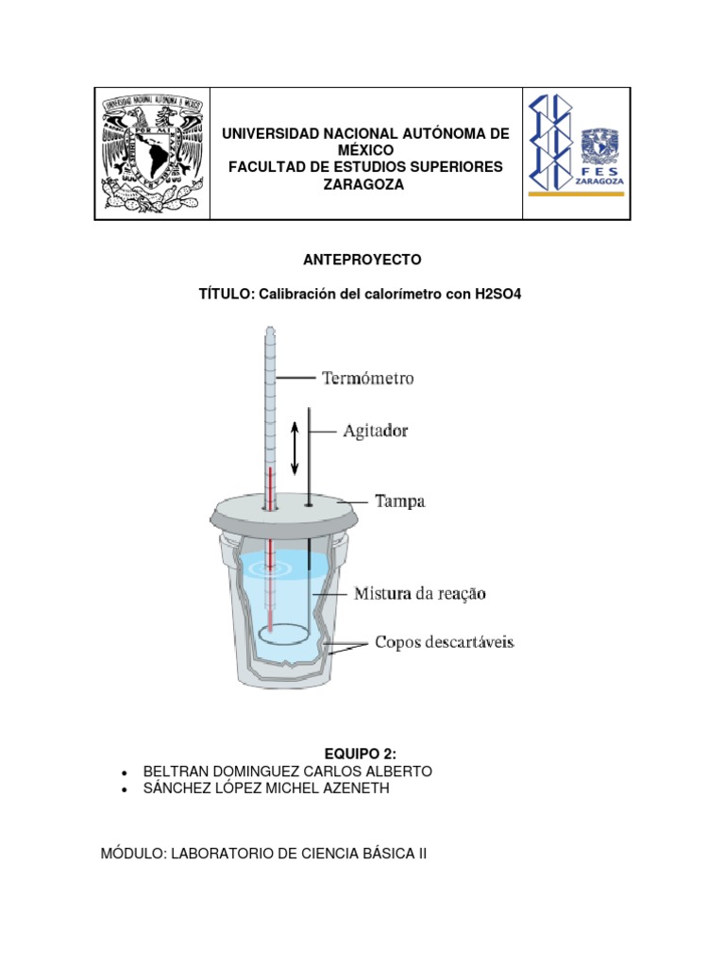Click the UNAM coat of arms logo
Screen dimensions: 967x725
click(152, 154)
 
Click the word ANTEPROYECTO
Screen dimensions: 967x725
click(362, 259)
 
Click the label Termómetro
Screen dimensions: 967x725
click(367, 379)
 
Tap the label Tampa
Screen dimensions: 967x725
click(400, 501)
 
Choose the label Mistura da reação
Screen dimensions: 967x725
click(419, 594)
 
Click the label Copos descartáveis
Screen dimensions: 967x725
click(444, 642)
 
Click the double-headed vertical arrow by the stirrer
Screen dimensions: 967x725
click(295, 447)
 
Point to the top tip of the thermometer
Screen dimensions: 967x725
click(270, 331)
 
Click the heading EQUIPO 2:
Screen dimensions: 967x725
click(361, 753)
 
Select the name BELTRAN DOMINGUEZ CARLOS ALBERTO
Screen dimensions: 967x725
click(287, 772)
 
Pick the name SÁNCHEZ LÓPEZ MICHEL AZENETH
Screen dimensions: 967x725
click(265, 789)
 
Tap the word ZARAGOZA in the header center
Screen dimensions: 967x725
click(363, 185)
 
